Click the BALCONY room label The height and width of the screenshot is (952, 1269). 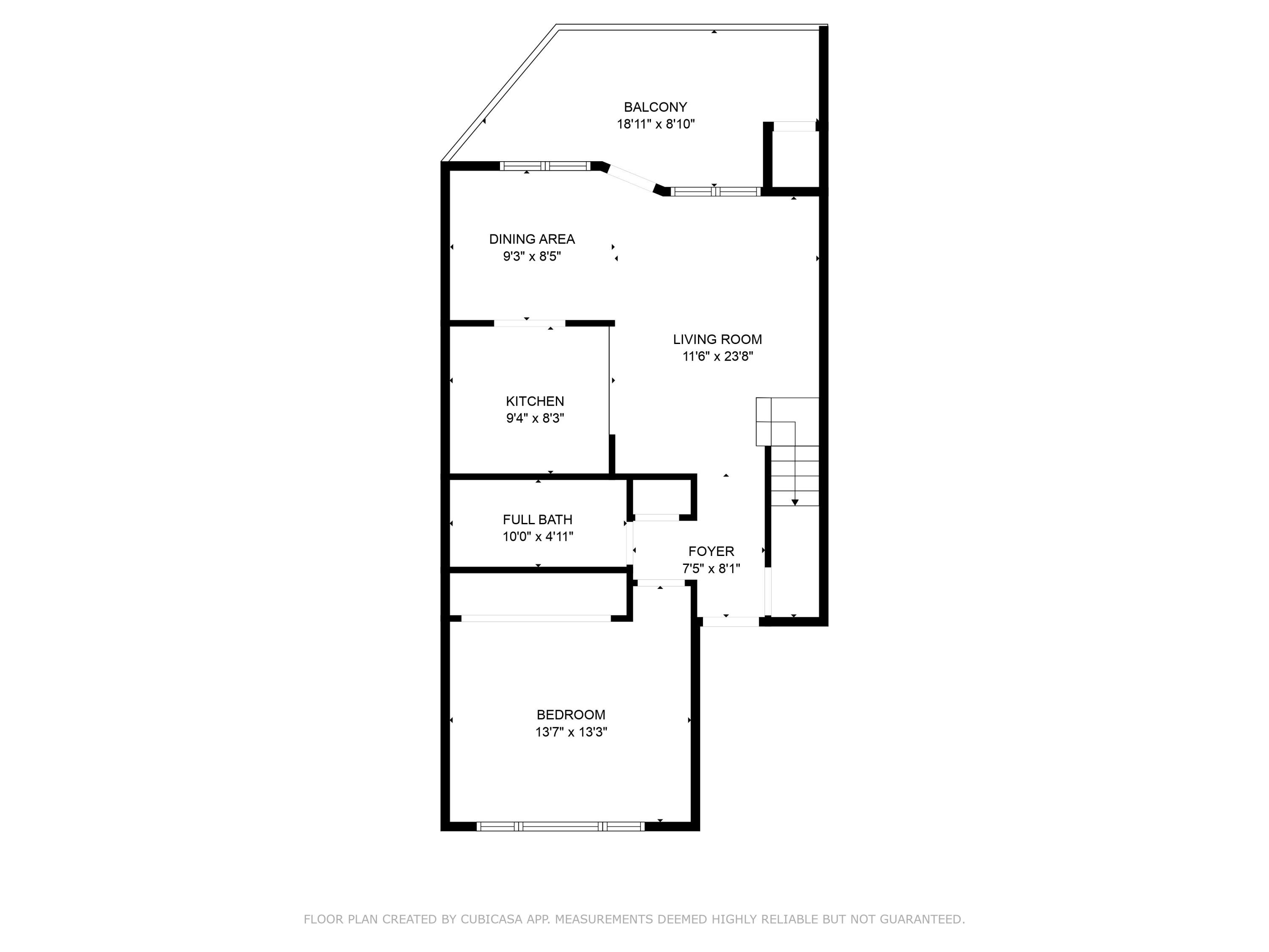click(655, 107)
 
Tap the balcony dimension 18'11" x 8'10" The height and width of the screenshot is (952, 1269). click(655, 124)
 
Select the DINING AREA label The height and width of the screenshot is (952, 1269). click(531, 239)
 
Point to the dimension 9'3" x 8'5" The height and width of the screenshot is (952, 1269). click(531, 256)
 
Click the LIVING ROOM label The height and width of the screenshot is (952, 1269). click(717, 340)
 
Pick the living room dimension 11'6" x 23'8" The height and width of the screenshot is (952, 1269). click(717, 356)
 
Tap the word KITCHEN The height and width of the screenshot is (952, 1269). click(535, 402)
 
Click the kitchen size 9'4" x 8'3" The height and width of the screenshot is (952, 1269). click(535, 418)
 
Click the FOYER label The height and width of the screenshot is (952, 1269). click(711, 551)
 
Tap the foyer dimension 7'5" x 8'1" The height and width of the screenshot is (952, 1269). click(711, 569)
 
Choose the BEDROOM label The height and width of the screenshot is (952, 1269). click(570, 715)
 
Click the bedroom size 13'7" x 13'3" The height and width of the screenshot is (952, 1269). click(570, 732)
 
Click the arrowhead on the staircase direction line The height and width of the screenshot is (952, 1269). click(794, 502)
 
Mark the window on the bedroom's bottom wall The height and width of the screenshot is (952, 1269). click(560, 826)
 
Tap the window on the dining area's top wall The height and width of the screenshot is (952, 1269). click(544, 166)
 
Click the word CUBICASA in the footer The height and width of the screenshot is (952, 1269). click(491, 920)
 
